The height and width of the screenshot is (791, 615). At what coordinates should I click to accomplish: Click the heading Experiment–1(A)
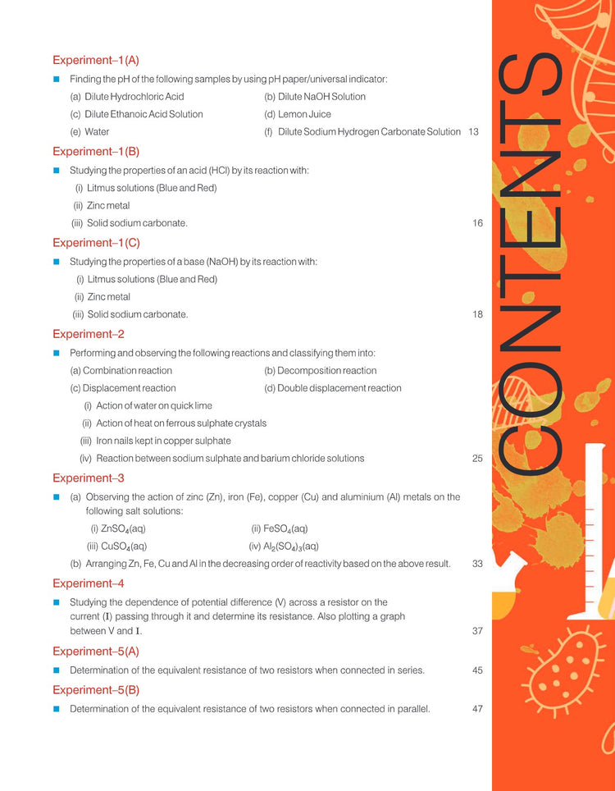[96, 61]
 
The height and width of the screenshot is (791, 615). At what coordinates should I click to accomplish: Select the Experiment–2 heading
[88, 334]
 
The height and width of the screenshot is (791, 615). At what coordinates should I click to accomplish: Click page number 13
[473, 132]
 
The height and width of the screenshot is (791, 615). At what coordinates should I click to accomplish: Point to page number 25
[477, 459]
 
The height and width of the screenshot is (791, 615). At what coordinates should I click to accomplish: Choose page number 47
[477, 708]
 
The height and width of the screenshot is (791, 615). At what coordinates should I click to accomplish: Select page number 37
[477, 631]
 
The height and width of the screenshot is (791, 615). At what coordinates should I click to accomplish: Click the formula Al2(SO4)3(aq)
[284, 546]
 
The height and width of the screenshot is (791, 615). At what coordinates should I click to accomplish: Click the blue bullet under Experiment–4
[57, 602]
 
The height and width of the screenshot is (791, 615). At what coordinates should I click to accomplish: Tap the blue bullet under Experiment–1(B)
[57, 171]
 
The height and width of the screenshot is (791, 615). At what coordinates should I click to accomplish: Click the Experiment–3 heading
[88, 478]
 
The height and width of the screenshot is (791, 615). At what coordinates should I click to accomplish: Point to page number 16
[477, 223]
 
